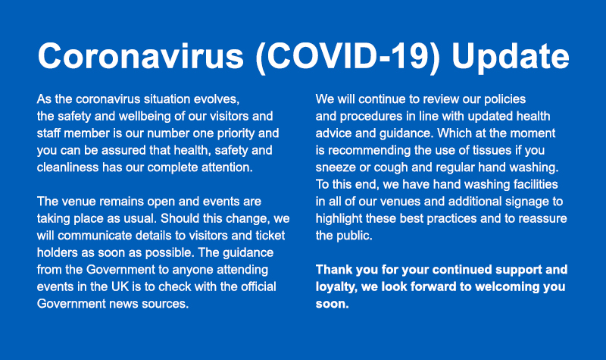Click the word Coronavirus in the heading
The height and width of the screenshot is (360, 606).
(x=141, y=55)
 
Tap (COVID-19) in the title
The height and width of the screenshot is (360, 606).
(x=348, y=57)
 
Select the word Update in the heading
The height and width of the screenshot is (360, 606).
(x=510, y=57)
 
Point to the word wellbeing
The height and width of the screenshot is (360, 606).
(x=141, y=117)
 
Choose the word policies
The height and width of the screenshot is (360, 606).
(x=504, y=99)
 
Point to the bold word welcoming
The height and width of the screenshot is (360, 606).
(x=502, y=287)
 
